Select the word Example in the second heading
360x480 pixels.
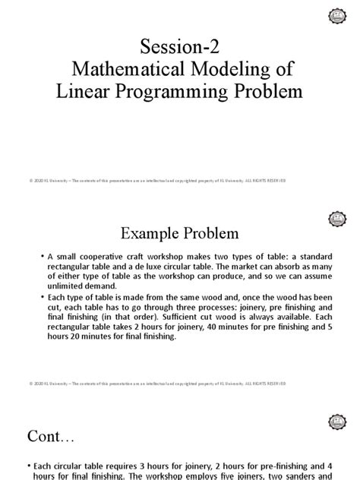tap(147, 229)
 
